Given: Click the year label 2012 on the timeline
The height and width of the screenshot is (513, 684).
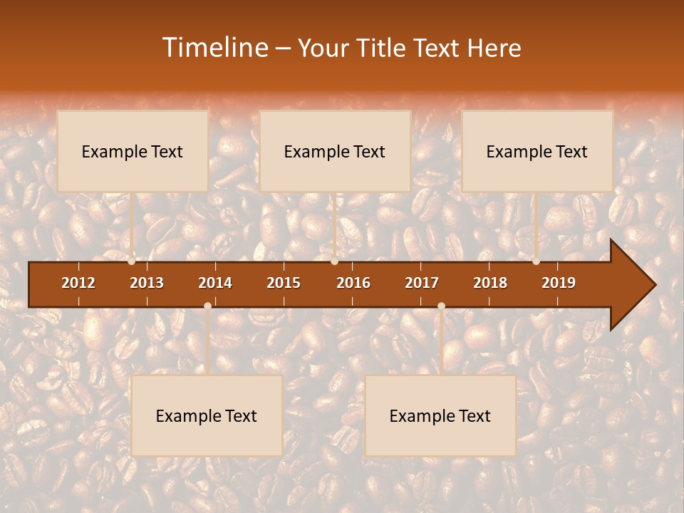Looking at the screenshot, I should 78,283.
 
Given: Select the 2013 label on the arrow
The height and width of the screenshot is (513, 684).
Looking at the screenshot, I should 147,283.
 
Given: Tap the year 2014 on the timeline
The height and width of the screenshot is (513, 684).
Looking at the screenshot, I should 215,283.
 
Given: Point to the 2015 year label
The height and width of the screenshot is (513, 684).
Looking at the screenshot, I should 284,283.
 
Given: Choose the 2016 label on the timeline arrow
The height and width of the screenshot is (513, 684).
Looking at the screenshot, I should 353,283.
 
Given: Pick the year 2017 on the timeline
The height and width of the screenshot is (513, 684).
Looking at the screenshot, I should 422,283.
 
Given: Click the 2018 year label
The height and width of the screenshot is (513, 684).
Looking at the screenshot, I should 490,283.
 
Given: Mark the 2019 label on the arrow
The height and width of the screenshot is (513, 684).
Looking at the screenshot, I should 559,283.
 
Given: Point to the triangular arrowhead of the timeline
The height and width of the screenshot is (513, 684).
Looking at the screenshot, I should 633,285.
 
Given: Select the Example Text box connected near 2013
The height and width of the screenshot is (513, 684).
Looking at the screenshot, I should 133,151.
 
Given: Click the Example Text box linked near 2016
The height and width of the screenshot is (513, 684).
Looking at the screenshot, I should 335,151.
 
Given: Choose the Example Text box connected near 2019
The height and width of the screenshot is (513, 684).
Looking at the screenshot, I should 537,151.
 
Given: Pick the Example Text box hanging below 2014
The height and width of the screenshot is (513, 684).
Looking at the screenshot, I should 207,415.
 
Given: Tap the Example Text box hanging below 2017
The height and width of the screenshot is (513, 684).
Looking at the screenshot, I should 440,415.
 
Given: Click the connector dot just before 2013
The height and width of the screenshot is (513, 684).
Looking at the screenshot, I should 132,261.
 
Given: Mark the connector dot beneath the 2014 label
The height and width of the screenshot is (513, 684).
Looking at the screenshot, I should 207,306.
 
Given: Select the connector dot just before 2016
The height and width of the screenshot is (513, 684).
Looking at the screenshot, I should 335,261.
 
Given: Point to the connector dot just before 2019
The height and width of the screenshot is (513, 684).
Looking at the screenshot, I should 536,261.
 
